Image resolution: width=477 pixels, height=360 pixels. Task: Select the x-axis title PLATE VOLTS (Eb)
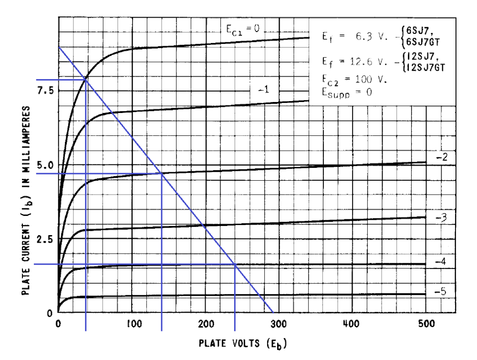coord(243,343)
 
